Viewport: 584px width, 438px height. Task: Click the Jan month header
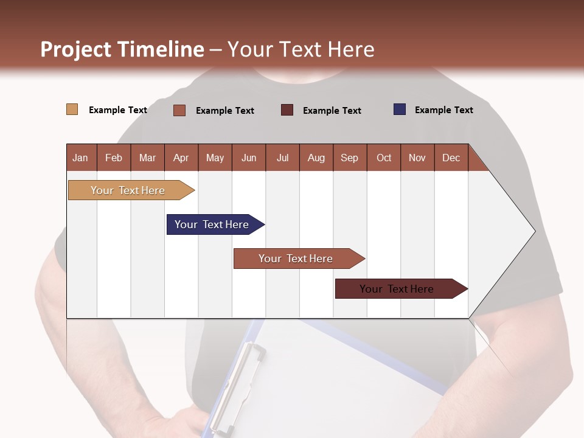[80, 158]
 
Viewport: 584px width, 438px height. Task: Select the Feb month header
[114, 158]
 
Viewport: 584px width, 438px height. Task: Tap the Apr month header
[181, 158]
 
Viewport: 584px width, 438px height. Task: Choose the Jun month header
[249, 158]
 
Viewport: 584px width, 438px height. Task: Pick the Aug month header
[316, 158]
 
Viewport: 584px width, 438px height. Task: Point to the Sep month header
[349, 158]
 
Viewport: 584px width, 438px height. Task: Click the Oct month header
[384, 158]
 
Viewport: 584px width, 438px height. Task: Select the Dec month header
[451, 158]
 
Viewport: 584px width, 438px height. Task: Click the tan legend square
[72, 109]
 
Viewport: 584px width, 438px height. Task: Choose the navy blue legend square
[399, 109]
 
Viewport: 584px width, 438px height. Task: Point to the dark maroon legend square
[287, 109]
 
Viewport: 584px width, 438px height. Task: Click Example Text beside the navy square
[443, 110]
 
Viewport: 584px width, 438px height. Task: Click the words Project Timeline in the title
[122, 49]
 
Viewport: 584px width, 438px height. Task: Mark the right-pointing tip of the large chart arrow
[534, 231]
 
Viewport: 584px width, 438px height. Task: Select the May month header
[215, 158]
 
